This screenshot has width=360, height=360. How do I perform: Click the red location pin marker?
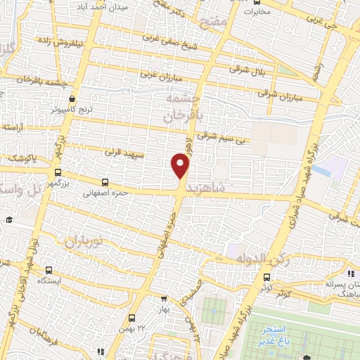coord(181,166)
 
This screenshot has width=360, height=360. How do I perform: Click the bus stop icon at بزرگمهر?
coord(58,172)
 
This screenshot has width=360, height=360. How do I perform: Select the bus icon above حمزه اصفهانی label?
coord(105,181)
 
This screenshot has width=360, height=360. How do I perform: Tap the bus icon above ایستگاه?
coord(49,270)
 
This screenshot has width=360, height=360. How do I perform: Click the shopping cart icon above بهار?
coord(164,298)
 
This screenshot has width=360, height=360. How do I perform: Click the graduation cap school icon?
coord(9,220)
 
